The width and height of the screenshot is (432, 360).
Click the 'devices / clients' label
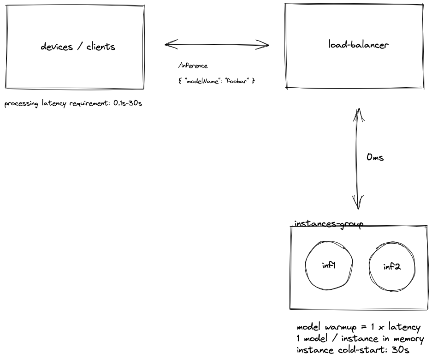[x=78, y=47]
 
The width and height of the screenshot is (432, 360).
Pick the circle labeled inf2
[x=391, y=267]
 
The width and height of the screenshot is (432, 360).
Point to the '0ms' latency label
[x=375, y=157]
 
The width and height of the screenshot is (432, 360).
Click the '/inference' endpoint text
[x=193, y=66]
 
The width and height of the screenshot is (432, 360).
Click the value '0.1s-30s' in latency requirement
[x=128, y=103]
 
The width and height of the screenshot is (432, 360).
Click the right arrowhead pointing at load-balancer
[x=266, y=45]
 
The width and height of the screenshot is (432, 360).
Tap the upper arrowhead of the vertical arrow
[x=359, y=112]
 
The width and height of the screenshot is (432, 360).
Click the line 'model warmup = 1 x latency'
[x=359, y=328]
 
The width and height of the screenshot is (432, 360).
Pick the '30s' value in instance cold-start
[x=401, y=350]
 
